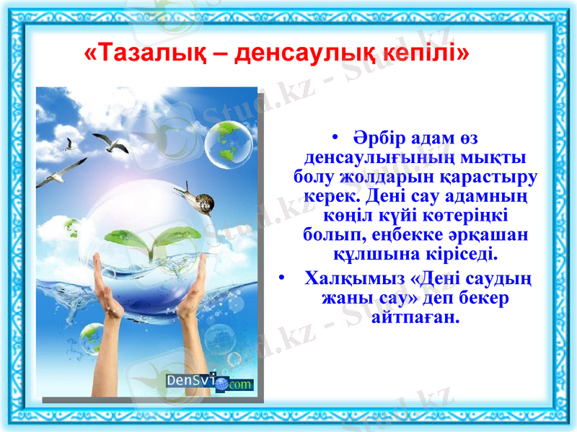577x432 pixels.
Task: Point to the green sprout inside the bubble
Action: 147,242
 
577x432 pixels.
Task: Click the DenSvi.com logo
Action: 208,382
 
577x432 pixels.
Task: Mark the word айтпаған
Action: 415,317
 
